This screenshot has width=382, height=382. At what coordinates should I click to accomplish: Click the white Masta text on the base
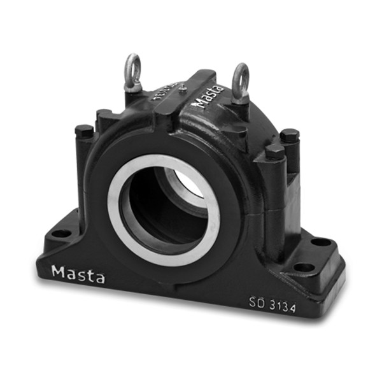point(78,274)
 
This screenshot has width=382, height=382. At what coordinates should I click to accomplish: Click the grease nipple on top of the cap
point(183,88)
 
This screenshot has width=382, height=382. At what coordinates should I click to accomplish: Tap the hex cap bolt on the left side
point(83,131)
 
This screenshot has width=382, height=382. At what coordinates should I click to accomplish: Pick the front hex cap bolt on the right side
point(275,152)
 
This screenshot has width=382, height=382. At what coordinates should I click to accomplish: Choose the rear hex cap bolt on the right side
point(290,135)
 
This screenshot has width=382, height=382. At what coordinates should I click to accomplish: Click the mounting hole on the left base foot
point(61,233)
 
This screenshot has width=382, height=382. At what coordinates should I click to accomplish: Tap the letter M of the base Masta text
point(58,272)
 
